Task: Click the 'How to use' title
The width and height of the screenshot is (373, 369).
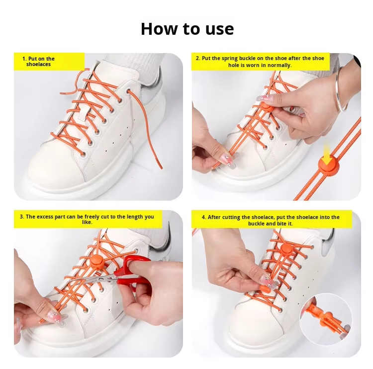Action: [x=187, y=29]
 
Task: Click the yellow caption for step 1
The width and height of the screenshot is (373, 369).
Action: [x=49, y=62]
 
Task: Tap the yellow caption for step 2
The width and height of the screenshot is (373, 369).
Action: [x=260, y=62]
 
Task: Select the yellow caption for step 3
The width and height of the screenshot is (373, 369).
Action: [x=88, y=220]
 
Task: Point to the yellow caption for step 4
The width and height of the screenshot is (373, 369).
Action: [x=271, y=220]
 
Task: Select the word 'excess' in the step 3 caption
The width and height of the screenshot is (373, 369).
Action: [x=55, y=217]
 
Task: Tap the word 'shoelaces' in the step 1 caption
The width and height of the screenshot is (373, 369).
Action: [x=39, y=65]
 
